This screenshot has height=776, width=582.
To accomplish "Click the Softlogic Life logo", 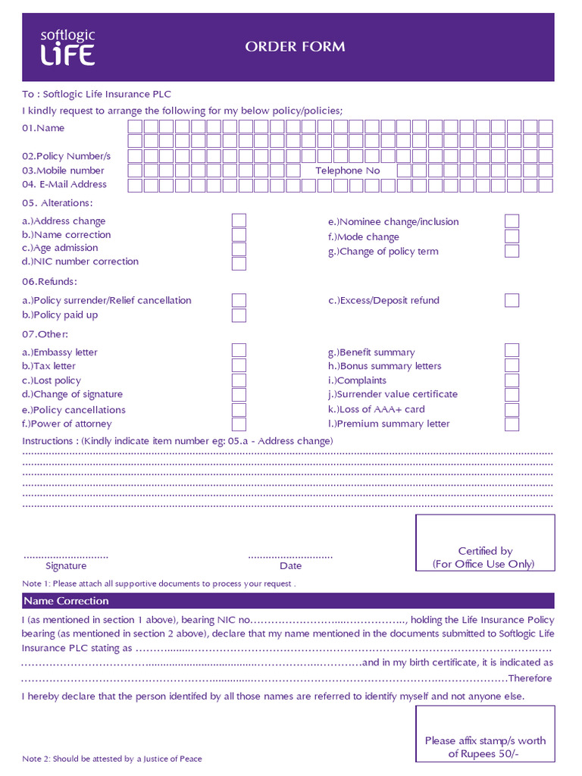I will click(67, 47).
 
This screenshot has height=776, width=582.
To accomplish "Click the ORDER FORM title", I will click(295, 47).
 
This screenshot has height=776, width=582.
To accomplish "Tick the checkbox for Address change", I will click(239, 221).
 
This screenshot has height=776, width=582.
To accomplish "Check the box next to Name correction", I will click(239, 235).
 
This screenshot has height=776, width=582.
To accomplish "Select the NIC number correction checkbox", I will click(239, 264).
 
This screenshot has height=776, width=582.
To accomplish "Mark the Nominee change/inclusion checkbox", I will click(512, 221).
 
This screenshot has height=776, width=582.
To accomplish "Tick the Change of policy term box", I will click(512, 251).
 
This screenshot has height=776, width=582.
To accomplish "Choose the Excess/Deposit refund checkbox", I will click(512, 300).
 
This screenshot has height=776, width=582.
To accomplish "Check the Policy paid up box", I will click(239, 315).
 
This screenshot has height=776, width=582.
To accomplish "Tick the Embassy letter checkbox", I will click(239, 351).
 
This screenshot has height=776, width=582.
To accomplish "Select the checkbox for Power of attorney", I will click(239, 424).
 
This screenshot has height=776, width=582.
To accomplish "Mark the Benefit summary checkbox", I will click(512, 351).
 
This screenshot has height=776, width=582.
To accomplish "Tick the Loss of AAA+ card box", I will click(512, 410).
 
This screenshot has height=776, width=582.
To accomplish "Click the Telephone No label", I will click(348, 171).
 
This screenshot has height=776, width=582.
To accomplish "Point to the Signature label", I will click(66, 565).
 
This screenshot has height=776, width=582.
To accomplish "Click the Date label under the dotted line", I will click(290, 565).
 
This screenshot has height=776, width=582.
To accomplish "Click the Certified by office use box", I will click(485, 543).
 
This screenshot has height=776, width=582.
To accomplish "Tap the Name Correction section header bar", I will click(288, 601).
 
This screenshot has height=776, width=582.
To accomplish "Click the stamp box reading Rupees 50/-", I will click(485, 734).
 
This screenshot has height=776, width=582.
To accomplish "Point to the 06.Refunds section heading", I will click(49, 282).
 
